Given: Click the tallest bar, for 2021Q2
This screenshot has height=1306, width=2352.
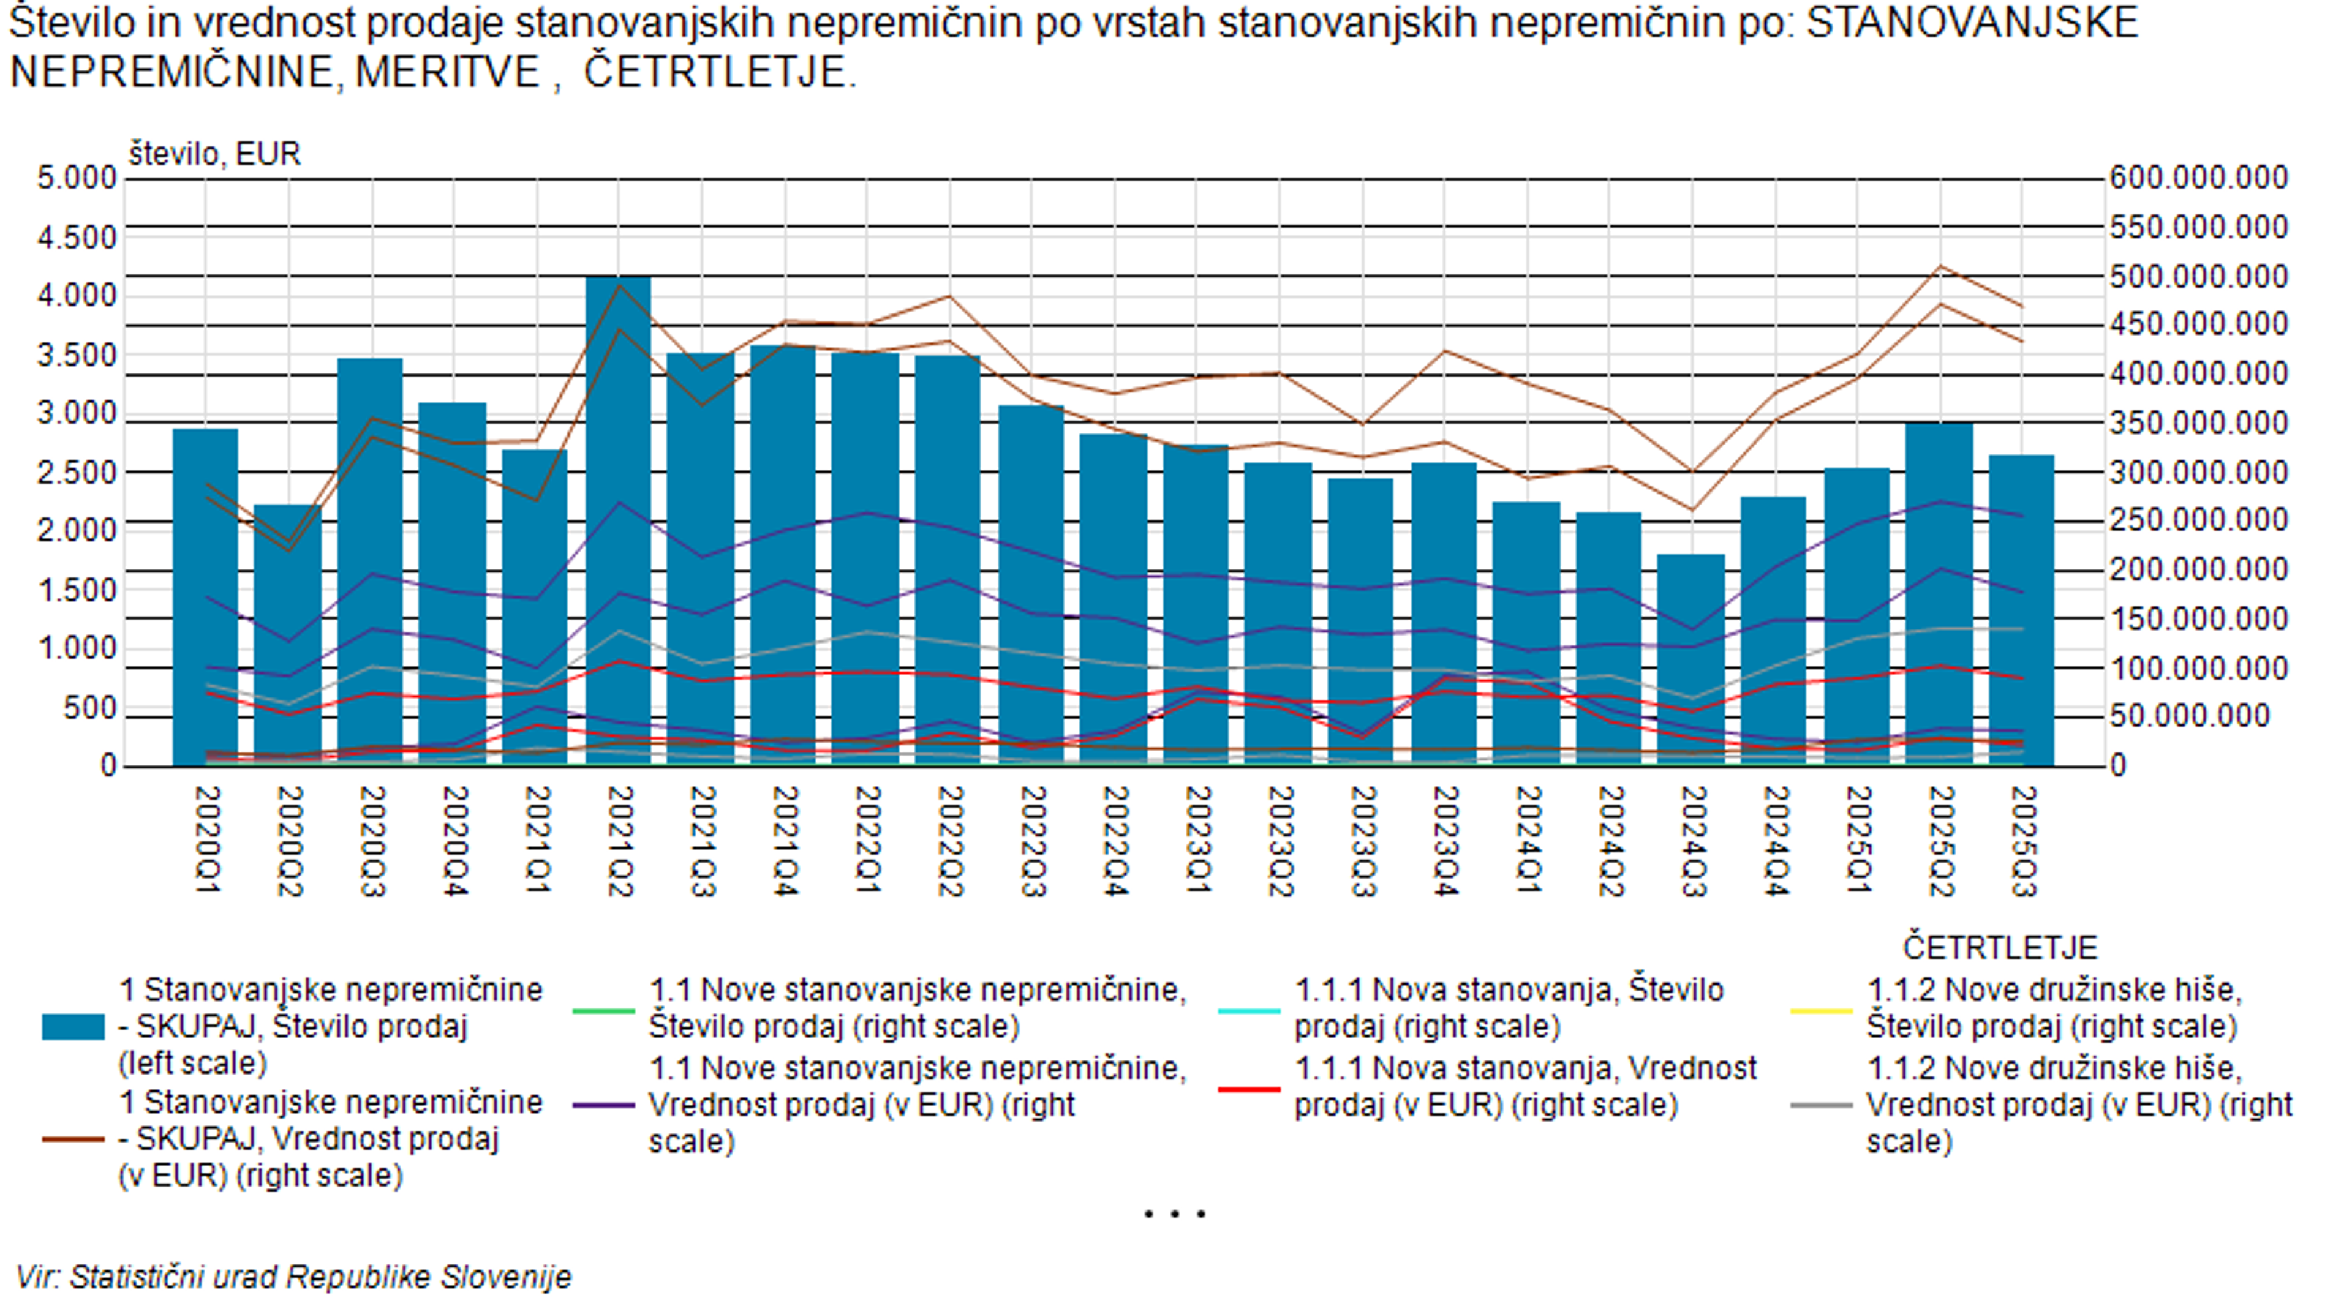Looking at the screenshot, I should pyautogui.click(x=618, y=520).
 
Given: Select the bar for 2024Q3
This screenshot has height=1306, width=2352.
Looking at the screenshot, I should pyautogui.click(x=1691, y=659).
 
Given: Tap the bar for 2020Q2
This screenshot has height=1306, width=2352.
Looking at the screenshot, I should pyautogui.click(x=288, y=634).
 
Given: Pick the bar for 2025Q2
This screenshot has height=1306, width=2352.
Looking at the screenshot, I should pyautogui.click(x=1939, y=593).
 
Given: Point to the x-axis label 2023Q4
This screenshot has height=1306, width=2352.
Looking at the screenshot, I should pyautogui.click(x=1444, y=841).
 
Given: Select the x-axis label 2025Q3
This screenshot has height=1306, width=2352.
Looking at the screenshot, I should pyautogui.click(x=2023, y=841).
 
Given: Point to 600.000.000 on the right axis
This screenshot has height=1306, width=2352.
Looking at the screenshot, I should pyautogui.click(x=2199, y=177).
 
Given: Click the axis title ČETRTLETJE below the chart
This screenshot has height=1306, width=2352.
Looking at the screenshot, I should pyautogui.click(x=2000, y=947).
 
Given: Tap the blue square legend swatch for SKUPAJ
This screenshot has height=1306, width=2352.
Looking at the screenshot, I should pyautogui.click(x=73, y=1027).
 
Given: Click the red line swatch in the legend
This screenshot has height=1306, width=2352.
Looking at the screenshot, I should pyautogui.click(x=1249, y=1089).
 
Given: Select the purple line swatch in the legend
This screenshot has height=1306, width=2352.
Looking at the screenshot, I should pyautogui.click(x=603, y=1105).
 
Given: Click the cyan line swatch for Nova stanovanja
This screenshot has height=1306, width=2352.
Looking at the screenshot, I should pyautogui.click(x=1249, y=1010).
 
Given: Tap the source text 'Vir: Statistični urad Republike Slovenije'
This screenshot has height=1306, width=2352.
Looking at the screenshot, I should pyautogui.click(x=294, y=1277).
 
